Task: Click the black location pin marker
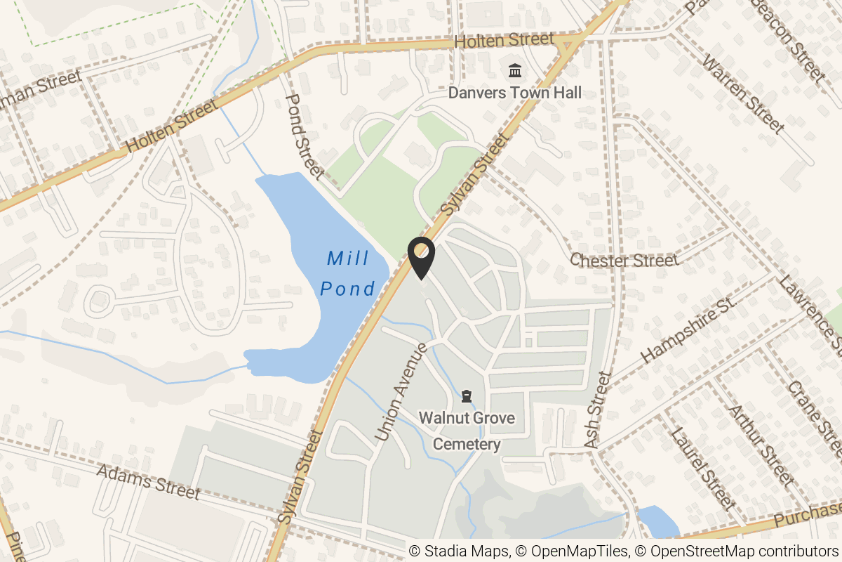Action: [422, 258]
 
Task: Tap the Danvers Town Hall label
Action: [515, 93]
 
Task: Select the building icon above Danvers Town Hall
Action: [515, 71]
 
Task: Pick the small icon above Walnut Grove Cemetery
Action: [467, 398]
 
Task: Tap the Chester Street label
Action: [624, 261]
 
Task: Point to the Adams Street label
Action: [148, 482]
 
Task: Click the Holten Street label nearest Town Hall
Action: [504, 41]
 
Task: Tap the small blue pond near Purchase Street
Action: [657, 522]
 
